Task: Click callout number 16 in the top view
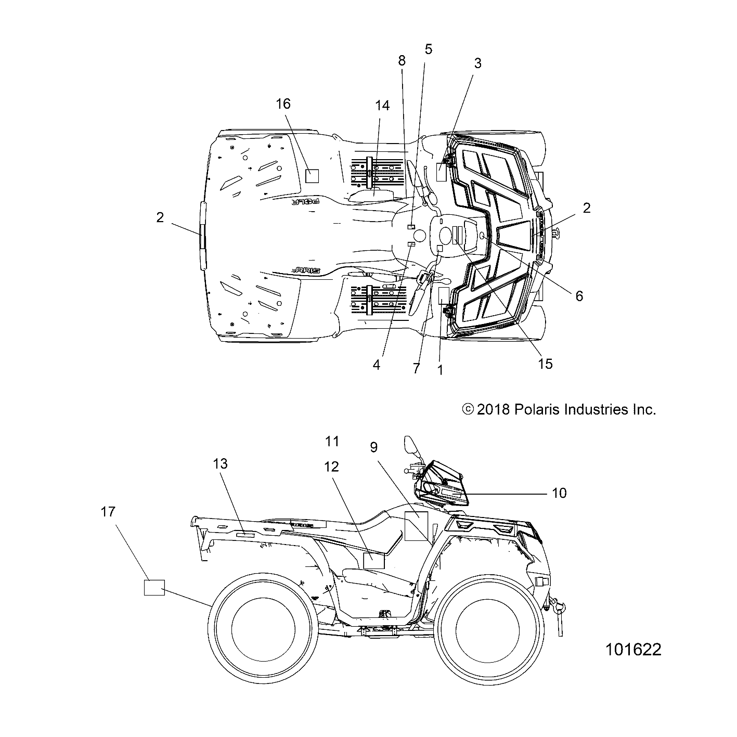pos(283,104)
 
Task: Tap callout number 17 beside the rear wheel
pos(108,512)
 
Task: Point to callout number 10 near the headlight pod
pos(559,493)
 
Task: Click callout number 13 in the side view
pos(221,463)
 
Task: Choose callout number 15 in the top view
pos(545,363)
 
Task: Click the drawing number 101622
pos(633,650)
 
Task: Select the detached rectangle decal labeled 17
pos(154,587)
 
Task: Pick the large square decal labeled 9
pos(416,526)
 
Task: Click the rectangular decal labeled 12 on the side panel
pos(373,561)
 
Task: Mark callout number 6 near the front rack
pos(579,296)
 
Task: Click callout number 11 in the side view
pos(332,442)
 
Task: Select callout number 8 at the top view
pos(402,60)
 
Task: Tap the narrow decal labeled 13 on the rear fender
pos(244,535)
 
